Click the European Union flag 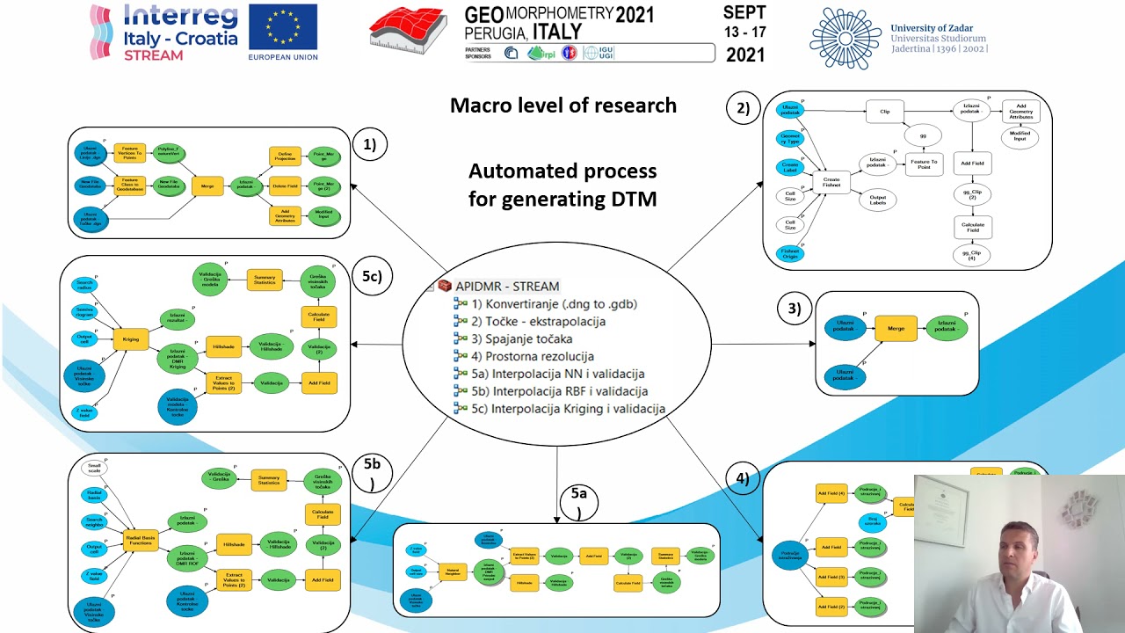click(282, 26)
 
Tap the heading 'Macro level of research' click(562, 105)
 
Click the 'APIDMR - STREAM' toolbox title click(506, 286)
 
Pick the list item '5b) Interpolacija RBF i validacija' click(570, 391)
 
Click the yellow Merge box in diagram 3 click(896, 328)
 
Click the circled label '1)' click(369, 145)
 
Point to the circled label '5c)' click(371, 275)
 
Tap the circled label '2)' click(743, 109)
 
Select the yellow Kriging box click(131, 338)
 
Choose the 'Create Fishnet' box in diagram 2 click(831, 182)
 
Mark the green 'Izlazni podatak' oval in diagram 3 click(947, 328)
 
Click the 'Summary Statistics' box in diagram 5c click(265, 279)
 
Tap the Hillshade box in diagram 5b click(235, 545)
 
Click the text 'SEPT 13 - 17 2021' click(744, 33)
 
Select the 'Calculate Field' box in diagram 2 click(972, 228)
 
